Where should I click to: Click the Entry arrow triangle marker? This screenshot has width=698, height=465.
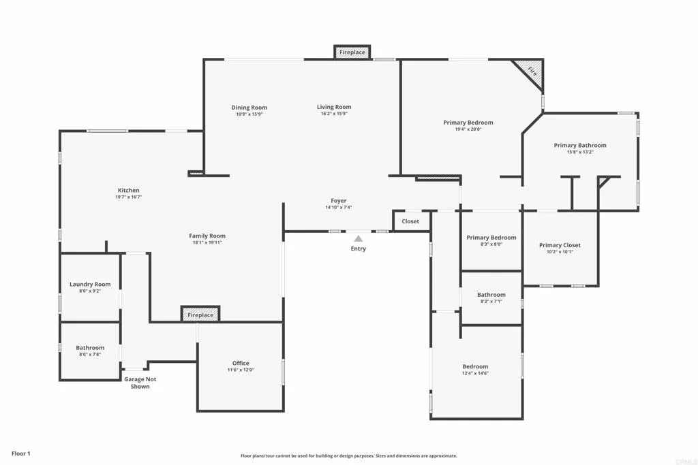pyautogui.click(x=359, y=238)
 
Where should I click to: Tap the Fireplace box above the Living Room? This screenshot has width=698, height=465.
pyautogui.click(x=352, y=52)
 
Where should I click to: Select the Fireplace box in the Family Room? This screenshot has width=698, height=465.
pyautogui.click(x=200, y=315)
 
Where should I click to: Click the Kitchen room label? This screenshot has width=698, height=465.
pyautogui.click(x=128, y=191)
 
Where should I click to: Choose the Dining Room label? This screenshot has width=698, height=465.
pyautogui.click(x=249, y=108)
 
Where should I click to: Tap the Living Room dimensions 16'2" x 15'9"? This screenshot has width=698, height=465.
pyautogui.click(x=334, y=114)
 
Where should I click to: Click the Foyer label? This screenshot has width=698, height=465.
pyautogui.click(x=339, y=201)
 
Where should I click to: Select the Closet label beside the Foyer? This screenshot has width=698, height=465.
pyautogui.click(x=410, y=221)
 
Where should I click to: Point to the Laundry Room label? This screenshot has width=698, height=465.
pyautogui.click(x=90, y=285)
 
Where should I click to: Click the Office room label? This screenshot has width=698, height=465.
pyautogui.click(x=241, y=363)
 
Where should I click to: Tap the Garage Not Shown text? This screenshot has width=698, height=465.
pyautogui.click(x=140, y=383)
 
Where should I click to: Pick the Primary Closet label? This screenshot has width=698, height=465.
pyautogui.click(x=560, y=245)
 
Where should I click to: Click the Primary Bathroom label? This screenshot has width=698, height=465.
pyautogui.click(x=580, y=145)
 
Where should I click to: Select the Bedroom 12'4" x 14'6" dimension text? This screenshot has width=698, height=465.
pyautogui.click(x=475, y=373)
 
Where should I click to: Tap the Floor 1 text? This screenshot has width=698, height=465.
pyautogui.click(x=21, y=453)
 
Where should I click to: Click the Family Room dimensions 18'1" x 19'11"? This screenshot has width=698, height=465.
pyautogui.click(x=207, y=242)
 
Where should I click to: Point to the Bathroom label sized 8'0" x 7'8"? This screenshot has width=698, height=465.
pyautogui.click(x=90, y=348)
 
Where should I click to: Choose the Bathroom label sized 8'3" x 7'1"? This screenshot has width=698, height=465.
pyautogui.click(x=491, y=295)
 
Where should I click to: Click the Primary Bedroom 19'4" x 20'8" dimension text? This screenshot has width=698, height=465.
pyautogui.click(x=468, y=129)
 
